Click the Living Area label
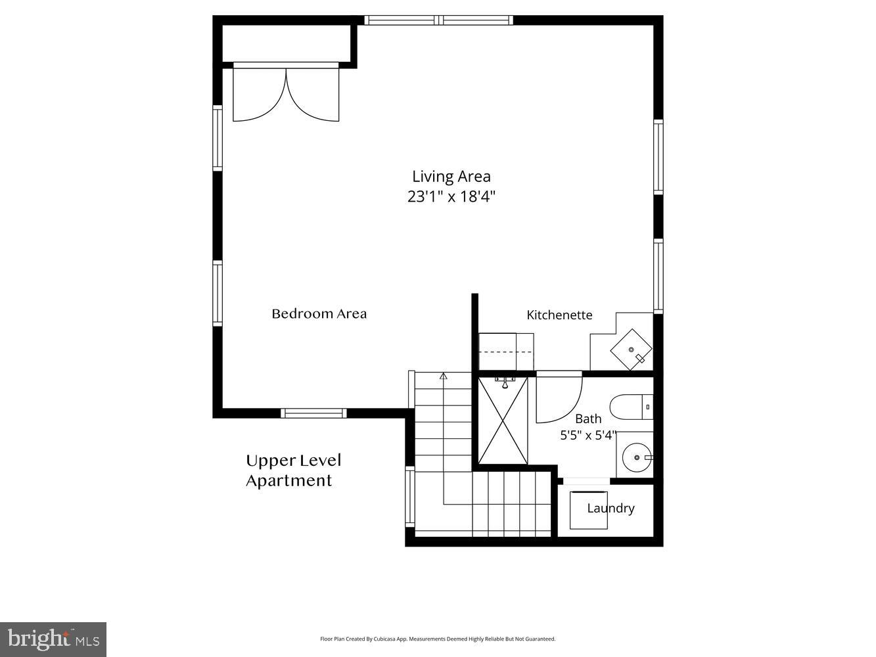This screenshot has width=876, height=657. [451, 176]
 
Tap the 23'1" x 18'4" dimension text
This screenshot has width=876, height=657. [451, 196]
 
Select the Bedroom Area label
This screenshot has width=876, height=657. [319, 314]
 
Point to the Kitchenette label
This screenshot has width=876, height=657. [559, 315]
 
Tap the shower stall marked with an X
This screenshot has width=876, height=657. [503, 420]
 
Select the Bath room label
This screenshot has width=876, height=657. [588, 419]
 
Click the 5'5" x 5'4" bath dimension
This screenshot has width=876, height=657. [588, 434]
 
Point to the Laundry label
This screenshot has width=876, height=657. [611, 508]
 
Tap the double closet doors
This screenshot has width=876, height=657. [287, 95]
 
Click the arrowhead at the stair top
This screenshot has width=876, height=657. [444, 376]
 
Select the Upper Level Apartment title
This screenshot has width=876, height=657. [293, 470]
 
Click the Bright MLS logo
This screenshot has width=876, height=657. [53, 639]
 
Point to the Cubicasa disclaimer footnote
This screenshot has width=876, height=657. [438, 639]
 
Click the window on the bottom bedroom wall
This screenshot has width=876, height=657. [313, 413]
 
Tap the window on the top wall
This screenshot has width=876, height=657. [438, 20]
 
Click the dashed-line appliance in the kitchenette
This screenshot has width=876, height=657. [505, 352]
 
